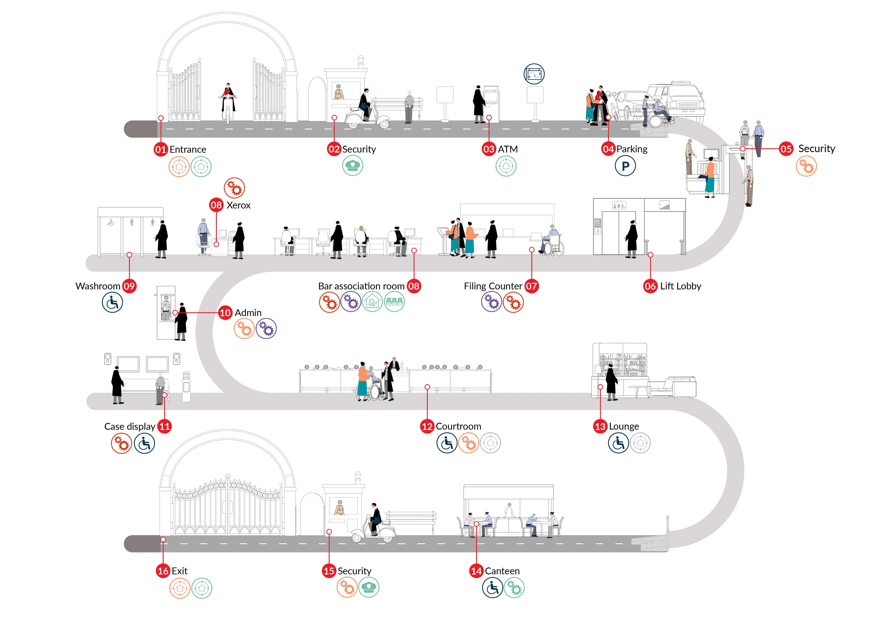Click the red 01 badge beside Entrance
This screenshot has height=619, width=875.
tap(161, 149)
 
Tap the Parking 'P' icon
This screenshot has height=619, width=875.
tap(625, 166)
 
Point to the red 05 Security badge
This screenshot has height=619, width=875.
tap(786, 149)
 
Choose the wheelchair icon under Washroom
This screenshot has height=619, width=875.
tap(112, 303)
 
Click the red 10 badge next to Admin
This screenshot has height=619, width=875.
tap(225, 313)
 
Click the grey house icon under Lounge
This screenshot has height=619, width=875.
tap(640, 443)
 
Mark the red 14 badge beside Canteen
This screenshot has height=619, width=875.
tap(476, 571)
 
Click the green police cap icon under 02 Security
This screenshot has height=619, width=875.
tap(353, 166)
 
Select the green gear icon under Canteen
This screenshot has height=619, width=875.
tap(514, 588)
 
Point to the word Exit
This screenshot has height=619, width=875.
tap(180, 571)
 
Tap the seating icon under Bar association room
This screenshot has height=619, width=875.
tap(394, 302)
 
